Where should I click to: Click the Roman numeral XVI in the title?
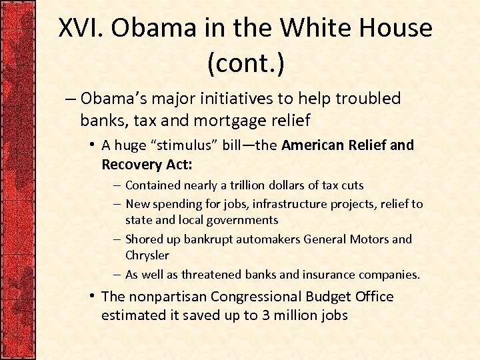tap(84, 28)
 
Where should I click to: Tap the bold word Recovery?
tap(131, 163)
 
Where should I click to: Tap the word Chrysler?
tap(147, 255)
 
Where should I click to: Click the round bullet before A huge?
tap(93, 145)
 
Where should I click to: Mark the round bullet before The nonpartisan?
tap(93, 296)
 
